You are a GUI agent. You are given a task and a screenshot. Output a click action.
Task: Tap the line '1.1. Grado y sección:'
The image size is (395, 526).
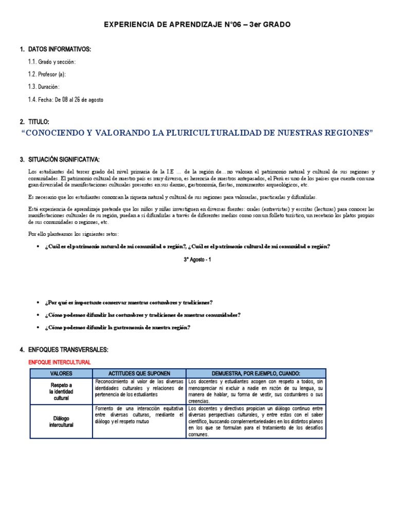(52, 62)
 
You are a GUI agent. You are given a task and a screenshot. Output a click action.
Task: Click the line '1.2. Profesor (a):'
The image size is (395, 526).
(47, 74)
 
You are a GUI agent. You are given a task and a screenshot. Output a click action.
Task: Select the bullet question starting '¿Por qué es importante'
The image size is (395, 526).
(129, 302)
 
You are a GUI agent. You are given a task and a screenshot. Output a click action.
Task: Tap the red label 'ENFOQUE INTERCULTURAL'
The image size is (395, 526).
(59, 362)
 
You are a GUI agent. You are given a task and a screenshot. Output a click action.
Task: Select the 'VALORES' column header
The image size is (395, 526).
(61, 373)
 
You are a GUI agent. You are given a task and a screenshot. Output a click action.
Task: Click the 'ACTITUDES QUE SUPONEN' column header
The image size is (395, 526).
(139, 373)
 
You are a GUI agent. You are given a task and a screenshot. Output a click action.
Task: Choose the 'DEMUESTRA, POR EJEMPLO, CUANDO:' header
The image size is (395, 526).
(256, 373)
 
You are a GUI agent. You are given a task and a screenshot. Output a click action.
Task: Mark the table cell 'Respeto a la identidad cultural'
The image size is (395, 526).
(61, 391)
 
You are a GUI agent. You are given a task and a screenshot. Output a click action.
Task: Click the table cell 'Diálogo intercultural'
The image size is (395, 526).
(61, 422)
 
